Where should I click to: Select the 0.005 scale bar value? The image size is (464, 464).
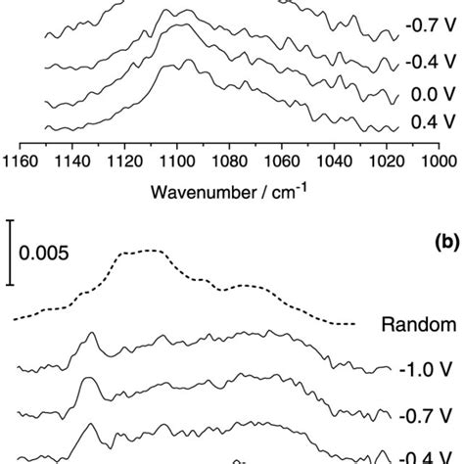tap(41, 253)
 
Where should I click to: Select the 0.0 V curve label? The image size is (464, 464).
tap(424, 96)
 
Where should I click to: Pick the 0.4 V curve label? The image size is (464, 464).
tap(424, 123)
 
